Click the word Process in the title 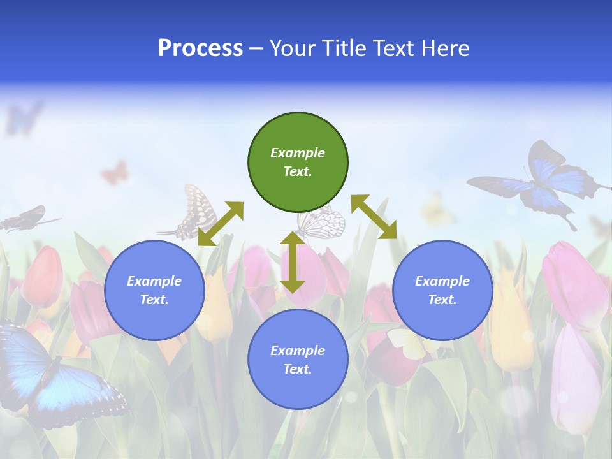click(x=200, y=48)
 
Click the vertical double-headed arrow click(x=293, y=262)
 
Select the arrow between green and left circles click(x=221, y=224)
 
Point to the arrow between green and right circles click(x=374, y=217)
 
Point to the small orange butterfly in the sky click(x=115, y=172)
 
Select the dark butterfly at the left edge click(x=25, y=219)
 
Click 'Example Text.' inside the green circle click(x=298, y=162)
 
